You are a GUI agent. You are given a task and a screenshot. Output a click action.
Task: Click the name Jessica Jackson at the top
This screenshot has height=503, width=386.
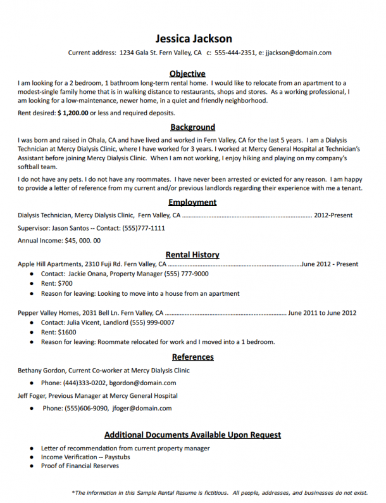(x=193, y=39)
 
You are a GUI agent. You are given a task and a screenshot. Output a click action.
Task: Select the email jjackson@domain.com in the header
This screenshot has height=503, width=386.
(x=298, y=53)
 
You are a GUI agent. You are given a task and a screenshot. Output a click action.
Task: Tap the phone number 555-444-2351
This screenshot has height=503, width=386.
(x=235, y=53)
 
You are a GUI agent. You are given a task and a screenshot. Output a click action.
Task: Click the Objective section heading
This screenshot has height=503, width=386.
(x=187, y=73)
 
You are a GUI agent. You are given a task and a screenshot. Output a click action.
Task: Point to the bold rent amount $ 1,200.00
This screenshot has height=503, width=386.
(x=73, y=113)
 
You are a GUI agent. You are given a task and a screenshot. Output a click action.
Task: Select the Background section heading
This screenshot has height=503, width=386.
(x=192, y=127)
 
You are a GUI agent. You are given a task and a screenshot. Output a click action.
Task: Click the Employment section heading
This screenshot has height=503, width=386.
(x=192, y=202)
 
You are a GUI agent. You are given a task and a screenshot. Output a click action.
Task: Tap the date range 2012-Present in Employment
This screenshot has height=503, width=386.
(x=333, y=215)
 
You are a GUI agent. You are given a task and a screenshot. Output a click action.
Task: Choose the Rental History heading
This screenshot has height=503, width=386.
(x=192, y=255)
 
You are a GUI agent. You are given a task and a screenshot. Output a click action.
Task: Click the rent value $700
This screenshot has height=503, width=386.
(x=65, y=284)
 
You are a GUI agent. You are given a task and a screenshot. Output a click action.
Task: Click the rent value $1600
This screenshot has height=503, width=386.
(x=67, y=332)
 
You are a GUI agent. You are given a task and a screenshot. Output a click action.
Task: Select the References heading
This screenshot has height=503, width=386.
(x=192, y=357)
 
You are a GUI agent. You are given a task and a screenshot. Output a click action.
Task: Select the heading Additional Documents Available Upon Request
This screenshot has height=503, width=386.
(x=192, y=435)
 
